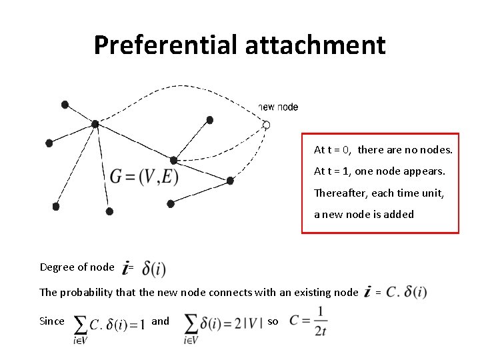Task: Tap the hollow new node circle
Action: click(x=266, y=125)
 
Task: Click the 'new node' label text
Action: click(x=278, y=107)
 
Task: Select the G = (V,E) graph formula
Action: click(x=144, y=177)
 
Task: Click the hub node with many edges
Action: click(x=95, y=123)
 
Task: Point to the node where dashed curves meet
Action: click(x=173, y=160)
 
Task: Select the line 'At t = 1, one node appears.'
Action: click(x=379, y=171)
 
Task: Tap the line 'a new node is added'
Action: click(x=364, y=214)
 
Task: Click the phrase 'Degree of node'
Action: click(x=77, y=267)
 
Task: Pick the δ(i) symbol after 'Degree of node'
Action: click(x=154, y=269)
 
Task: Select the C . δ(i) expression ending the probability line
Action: click(x=406, y=292)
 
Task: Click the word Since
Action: click(x=52, y=321)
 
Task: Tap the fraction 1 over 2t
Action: click(x=321, y=321)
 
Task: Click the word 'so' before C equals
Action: click(x=273, y=321)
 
